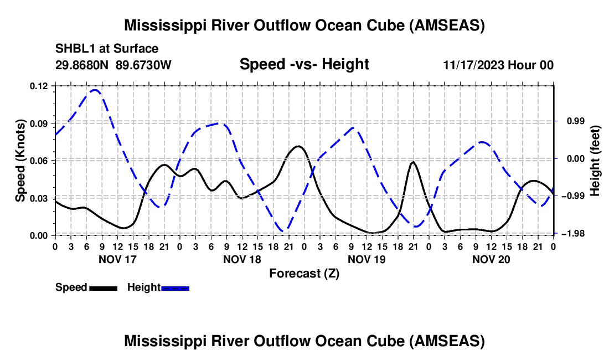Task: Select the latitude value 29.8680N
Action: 81,65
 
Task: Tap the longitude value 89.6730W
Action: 143,65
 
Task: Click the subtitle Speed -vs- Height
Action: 304,64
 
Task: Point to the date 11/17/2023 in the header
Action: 474,65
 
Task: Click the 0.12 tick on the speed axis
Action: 39,86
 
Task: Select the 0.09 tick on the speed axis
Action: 39,124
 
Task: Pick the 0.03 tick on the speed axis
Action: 39,198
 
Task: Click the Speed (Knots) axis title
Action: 20,161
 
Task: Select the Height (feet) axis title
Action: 595,161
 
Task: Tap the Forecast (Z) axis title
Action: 304,274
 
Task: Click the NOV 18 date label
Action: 242,259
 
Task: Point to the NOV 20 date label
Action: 491,259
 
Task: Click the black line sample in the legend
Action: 104,289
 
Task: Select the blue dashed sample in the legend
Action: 175,289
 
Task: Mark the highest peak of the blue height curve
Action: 95,90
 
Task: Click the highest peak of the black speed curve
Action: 298,146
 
